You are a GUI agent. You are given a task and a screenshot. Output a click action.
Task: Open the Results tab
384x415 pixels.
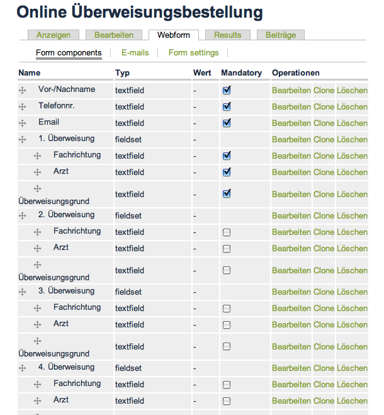[227, 35]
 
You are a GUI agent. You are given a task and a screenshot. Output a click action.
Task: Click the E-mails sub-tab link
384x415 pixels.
[135, 53]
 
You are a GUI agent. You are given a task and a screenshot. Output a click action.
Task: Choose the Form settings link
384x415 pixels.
[194, 53]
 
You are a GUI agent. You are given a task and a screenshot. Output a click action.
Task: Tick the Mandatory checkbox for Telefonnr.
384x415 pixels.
[227, 106]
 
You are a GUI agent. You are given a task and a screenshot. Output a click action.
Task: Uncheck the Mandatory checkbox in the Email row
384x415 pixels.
[227, 123]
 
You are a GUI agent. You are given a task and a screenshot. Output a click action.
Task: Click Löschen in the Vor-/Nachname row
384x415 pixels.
[352, 90]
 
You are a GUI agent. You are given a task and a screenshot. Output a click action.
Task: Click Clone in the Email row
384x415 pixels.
[324, 123]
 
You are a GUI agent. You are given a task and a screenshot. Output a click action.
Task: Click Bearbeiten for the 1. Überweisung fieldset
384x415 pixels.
[291, 139]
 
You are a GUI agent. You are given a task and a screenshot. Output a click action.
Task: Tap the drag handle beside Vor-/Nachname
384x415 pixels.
[22, 91]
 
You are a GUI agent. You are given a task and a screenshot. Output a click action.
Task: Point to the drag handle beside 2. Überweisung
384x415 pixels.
[22, 216]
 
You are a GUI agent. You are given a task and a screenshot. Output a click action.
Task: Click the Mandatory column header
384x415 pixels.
[241, 73]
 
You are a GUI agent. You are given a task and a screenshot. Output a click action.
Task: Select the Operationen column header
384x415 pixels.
[295, 73]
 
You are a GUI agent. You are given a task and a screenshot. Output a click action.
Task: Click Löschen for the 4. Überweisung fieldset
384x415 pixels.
[352, 368]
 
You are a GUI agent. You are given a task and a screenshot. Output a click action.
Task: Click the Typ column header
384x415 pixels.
[122, 73]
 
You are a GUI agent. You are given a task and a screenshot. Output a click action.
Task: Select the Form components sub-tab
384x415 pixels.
[69, 53]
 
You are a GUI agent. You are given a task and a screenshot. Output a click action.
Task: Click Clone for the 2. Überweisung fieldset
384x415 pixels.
[324, 215]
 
